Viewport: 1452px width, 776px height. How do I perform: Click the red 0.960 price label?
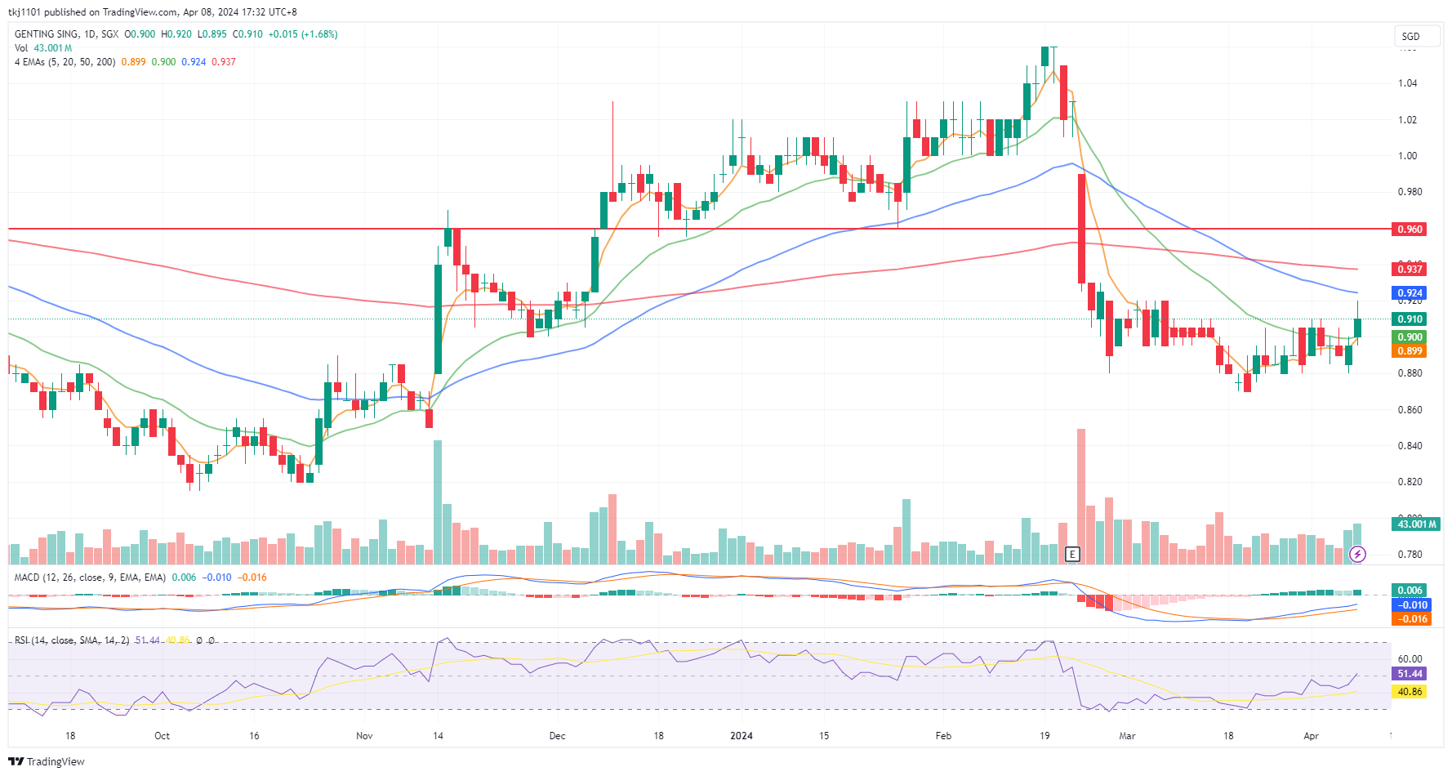click(1410, 230)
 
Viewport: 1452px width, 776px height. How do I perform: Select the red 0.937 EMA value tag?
click(1410, 270)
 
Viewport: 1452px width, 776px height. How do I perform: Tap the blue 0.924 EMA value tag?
click(1410, 293)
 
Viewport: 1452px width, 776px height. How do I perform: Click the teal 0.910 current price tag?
click(1410, 319)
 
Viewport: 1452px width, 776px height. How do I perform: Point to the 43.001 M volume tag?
click(1416, 524)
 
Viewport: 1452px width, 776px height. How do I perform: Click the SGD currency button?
click(1410, 37)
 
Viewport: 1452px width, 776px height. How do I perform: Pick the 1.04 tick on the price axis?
click(1407, 83)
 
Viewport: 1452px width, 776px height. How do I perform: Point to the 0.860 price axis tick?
click(1409, 410)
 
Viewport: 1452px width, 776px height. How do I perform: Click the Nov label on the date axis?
click(364, 736)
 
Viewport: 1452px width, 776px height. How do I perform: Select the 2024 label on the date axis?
click(742, 736)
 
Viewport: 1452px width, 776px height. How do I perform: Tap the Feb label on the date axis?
click(943, 736)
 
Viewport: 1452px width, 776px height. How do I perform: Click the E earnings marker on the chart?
click(1073, 555)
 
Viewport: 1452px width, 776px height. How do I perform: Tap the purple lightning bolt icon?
click(1357, 555)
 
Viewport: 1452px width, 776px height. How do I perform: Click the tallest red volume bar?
click(1081, 496)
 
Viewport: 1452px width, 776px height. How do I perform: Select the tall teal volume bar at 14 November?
click(438, 502)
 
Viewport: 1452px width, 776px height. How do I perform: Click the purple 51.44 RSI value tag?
click(1410, 674)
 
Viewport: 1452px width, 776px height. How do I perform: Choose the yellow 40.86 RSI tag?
click(1410, 692)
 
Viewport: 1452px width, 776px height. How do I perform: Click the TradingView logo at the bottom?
click(47, 761)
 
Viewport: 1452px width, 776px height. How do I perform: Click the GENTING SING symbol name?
click(47, 34)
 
